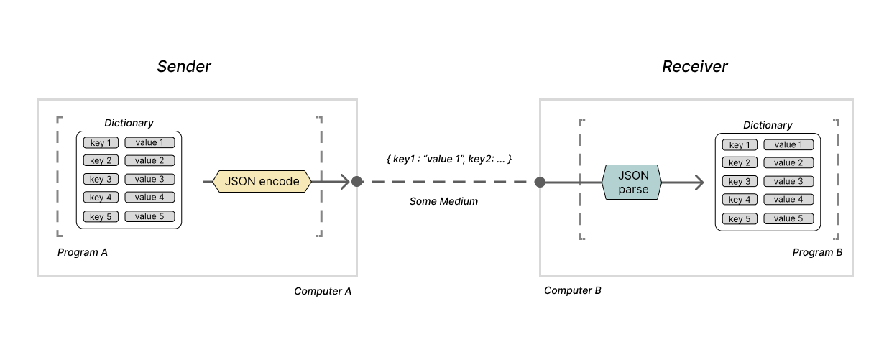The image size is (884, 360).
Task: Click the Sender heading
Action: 184,67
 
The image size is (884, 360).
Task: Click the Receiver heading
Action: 694,67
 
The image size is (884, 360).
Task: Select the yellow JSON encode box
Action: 262,182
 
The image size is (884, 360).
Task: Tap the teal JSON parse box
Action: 630,183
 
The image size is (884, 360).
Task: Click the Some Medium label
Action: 443,202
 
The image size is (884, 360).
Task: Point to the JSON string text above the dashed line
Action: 448,158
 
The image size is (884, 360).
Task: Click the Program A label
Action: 83,253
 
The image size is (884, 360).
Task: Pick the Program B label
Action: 817,253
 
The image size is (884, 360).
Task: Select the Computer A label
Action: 323,291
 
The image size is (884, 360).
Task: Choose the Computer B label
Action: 573,291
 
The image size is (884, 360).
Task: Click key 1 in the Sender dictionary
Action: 101,142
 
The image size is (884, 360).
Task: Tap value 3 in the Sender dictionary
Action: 149,179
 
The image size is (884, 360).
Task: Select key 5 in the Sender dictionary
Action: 101,216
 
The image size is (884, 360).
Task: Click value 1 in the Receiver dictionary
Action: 788,144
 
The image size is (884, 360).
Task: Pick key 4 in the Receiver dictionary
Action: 740,200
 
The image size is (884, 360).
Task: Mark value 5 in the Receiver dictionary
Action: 788,218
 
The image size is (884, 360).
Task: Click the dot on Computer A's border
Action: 356,182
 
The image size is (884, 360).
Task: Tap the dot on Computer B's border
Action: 540,183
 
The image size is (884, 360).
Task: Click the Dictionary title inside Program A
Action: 129,123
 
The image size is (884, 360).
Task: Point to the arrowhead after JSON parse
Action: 699,183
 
